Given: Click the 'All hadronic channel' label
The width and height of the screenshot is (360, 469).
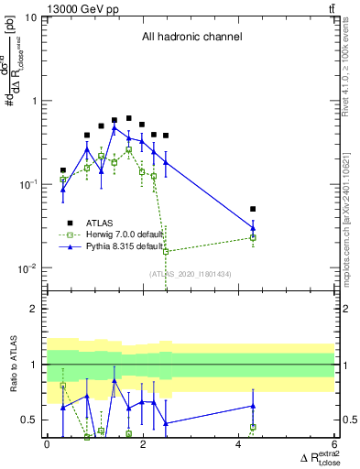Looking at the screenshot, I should point(191,38).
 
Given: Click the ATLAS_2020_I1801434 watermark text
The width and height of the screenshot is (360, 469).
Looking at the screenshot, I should point(191,274).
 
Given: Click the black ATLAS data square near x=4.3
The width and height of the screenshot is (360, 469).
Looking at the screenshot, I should point(253,210).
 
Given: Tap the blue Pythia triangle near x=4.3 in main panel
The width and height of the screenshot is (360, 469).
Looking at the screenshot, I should point(253,227).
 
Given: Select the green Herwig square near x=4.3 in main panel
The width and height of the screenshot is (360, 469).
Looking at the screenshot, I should point(253,237).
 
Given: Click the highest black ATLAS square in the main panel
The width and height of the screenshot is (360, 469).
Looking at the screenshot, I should point(129,119).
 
